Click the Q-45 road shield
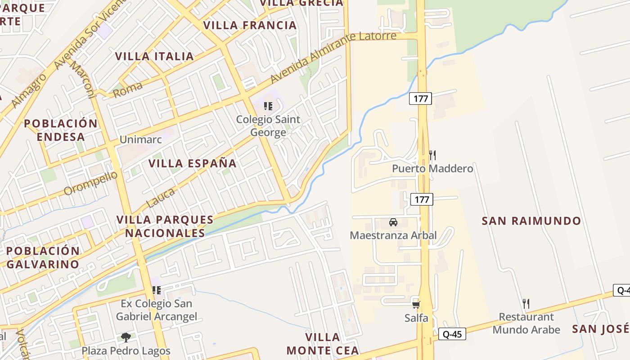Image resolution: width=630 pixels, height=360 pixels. (x=452, y=334)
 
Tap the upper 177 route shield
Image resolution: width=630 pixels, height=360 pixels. (x=420, y=98)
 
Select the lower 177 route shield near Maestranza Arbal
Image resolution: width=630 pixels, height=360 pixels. (x=422, y=199)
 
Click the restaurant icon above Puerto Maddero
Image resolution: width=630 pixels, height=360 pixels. (x=432, y=155)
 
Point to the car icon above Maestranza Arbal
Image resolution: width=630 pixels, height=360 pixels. (x=393, y=222)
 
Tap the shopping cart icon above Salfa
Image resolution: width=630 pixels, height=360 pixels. (x=416, y=305)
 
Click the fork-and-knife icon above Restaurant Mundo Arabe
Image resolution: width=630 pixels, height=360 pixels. (x=526, y=303)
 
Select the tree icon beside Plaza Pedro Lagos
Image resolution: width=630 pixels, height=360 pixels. (x=126, y=337)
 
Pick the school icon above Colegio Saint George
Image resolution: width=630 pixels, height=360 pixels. (x=268, y=106)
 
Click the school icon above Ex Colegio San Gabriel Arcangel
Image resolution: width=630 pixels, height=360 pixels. (x=156, y=290)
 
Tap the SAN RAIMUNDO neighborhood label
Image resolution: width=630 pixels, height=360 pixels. (x=531, y=221)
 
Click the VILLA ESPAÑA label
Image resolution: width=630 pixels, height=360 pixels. (x=193, y=163)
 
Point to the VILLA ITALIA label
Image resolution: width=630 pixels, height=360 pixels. (x=154, y=56)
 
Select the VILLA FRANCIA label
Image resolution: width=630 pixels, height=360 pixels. (x=250, y=25)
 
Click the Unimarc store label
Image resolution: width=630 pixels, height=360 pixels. (x=140, y=139)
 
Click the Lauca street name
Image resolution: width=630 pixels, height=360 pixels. (x=161, y=198)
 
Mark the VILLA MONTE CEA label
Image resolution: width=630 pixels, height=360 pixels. (x=323, y=344)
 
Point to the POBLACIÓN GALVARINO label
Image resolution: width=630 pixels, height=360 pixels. (x=43, y=257)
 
